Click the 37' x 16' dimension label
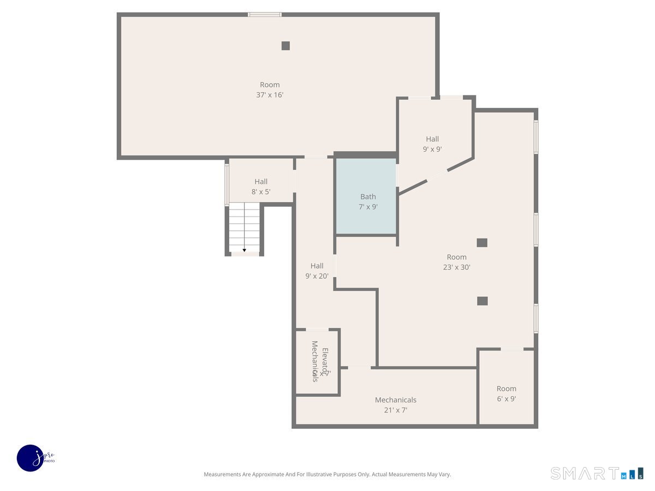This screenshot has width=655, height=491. (270, 95)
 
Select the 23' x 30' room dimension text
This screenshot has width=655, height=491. (457, 267)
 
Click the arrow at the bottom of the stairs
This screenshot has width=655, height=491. (245, 250)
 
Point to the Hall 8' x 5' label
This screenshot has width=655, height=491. (261, 187)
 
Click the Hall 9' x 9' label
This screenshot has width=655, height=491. (432, 144)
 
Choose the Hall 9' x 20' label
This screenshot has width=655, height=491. (317, 271)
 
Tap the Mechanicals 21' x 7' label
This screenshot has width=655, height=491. (395, 405)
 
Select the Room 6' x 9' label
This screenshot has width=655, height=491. (506, 393)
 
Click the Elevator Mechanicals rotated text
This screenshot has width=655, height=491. (319, 361)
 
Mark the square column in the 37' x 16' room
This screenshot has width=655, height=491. (285, 46)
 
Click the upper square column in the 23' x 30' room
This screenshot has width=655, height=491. (482, 243)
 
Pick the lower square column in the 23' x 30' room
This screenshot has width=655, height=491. (482, 301)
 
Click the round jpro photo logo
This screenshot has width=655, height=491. (31, 458)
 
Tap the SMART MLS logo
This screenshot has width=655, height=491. (597, 473)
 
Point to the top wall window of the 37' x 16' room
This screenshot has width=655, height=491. (265, 14)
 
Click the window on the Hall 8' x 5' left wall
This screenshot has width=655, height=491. (227, 184)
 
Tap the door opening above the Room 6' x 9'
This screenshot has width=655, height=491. (512, 349)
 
